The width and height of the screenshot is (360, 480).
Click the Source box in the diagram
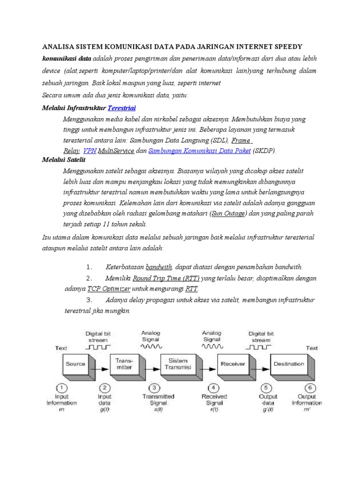[x=75, y=364]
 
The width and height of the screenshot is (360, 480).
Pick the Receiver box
[x=232, y=364]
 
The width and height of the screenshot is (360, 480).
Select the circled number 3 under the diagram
[x=154, y=387]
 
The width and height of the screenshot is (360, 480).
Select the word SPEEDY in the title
[x=286, y=47]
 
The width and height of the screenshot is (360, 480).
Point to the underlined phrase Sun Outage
[x=228, y=214]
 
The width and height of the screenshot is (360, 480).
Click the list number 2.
[x=90, y=278]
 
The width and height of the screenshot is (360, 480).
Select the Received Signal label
[x=214, y=399]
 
